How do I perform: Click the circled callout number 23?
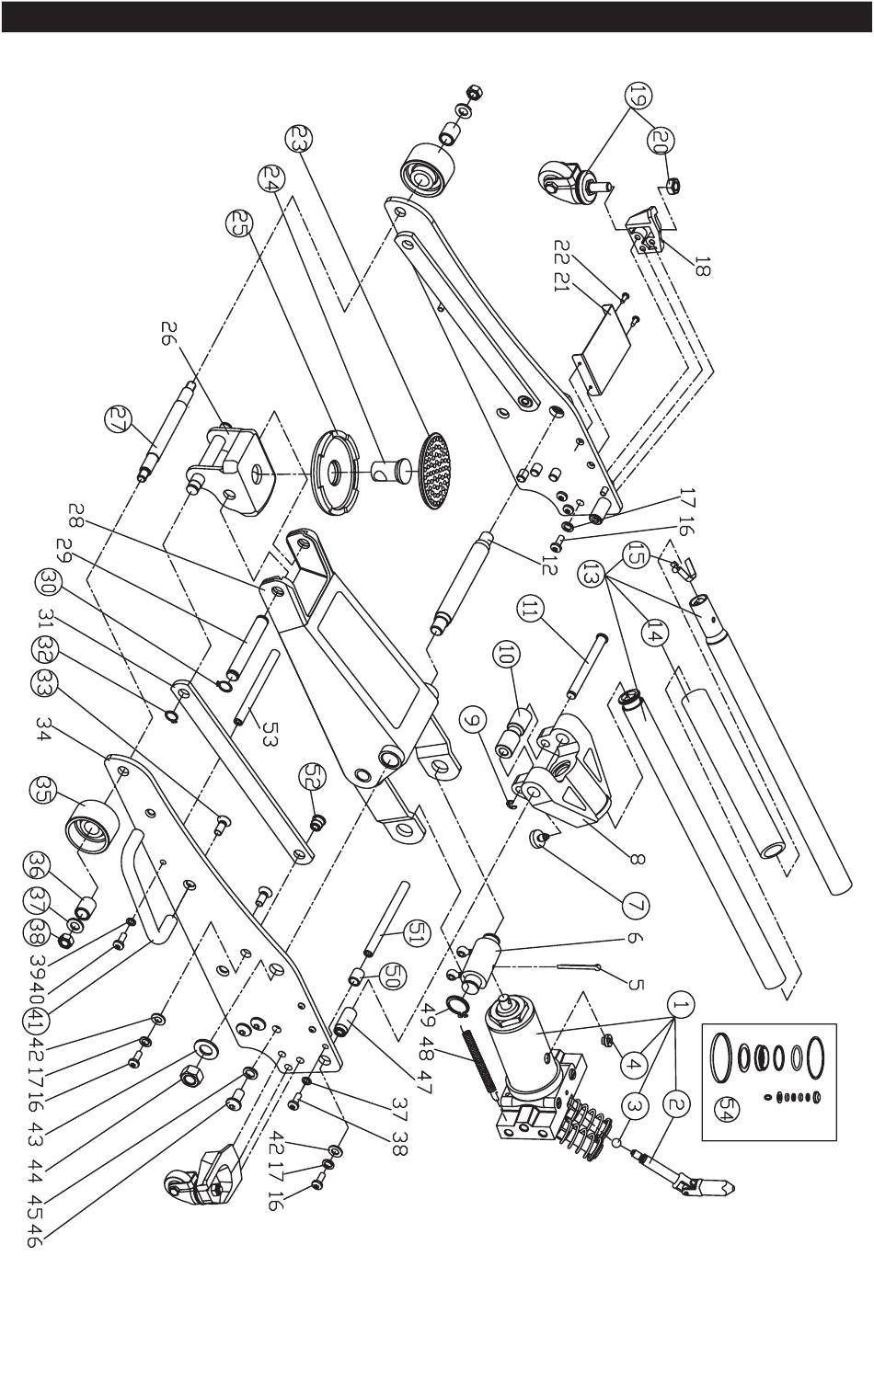pos(299,140)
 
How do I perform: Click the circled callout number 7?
pos(636,906)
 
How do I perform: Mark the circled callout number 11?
pos(530,610)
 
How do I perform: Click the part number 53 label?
pos(267,733)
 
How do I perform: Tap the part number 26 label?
pos(169,334)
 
